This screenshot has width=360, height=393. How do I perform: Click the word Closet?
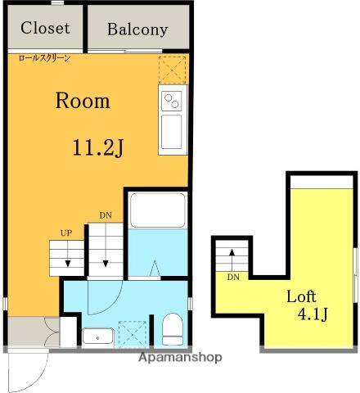[45, 28]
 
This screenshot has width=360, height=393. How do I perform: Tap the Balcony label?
[137, 29]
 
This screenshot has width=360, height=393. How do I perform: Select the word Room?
[83, 101]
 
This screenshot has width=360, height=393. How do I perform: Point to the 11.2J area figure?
[98, 147]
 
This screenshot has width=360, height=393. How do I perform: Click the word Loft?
[301, 296]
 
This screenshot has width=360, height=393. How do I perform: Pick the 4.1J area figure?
[313, 314]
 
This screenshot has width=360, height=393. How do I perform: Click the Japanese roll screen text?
[45, 58]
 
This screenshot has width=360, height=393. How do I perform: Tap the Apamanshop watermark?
[180, 357]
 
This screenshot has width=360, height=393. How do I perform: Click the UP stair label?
[66, 233]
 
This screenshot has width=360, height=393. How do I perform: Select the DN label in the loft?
[233, 277]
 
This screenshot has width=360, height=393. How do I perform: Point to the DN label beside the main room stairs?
[106, 215]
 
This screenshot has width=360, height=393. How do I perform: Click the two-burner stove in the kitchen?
[171, 101]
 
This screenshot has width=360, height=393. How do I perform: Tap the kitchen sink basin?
[171, 132]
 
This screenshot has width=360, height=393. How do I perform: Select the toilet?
[173, 329]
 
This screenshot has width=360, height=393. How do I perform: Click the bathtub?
[157, 210]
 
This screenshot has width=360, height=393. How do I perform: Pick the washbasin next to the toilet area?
[98, 337]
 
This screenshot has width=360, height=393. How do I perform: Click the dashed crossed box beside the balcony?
[172, 70]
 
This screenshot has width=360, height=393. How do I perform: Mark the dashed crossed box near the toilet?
[133, 335]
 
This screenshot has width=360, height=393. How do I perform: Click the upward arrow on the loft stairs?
[232, 260]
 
